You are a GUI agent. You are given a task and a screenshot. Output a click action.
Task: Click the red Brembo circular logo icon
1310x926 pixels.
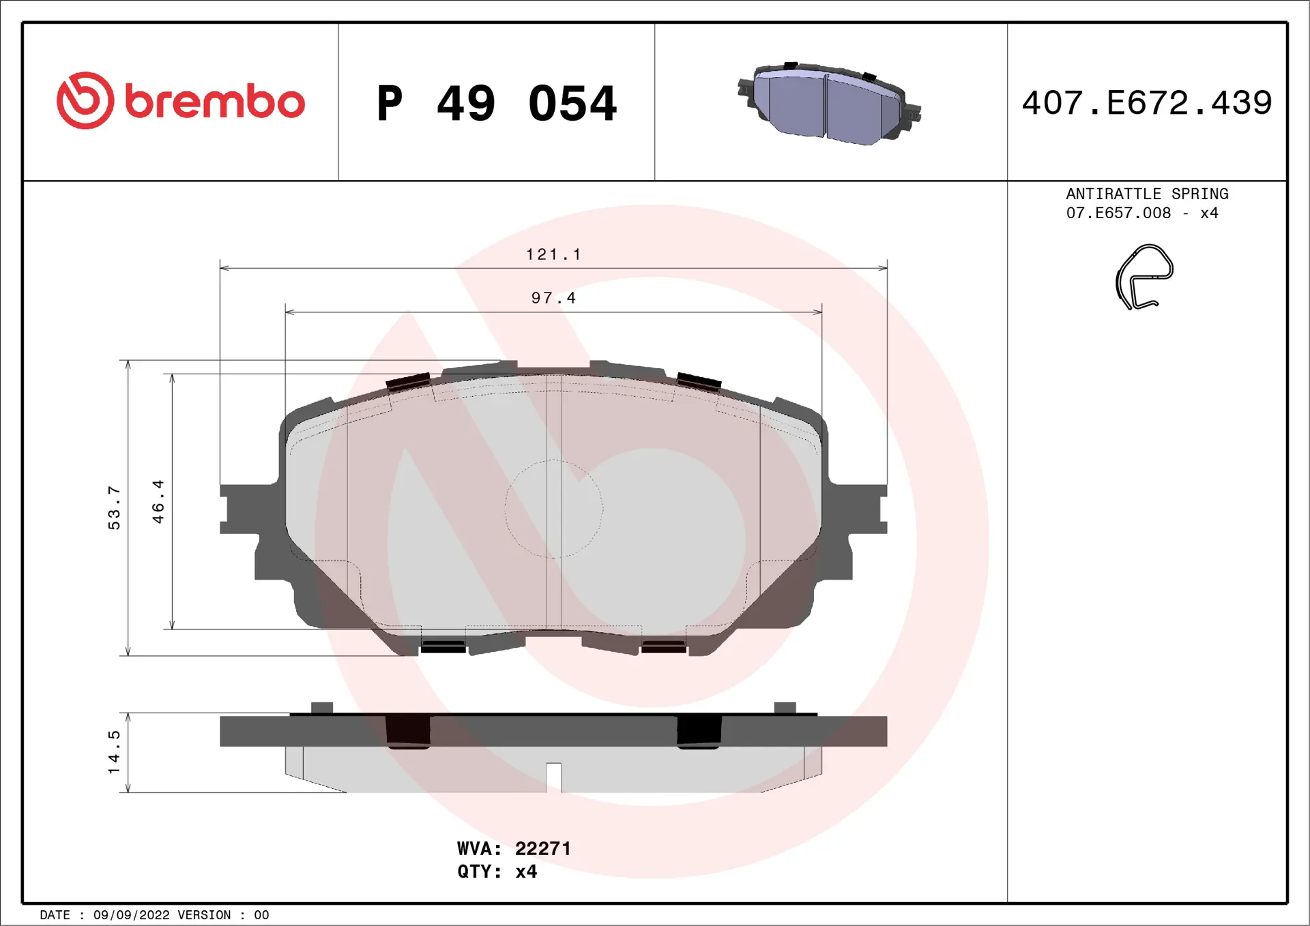pos(85,101)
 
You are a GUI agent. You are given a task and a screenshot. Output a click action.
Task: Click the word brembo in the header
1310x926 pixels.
pos(214,102)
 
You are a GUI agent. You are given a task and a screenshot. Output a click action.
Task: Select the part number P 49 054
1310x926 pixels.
pos(496,104)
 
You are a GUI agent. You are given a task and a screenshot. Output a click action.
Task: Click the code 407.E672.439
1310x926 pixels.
pos(1146,103)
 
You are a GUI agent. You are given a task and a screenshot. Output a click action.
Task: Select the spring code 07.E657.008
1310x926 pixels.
pos(1118,213)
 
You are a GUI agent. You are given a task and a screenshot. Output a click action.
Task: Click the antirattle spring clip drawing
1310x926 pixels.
pos(1144,277)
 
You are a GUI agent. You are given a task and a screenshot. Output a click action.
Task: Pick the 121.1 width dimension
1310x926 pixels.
pos(553,254)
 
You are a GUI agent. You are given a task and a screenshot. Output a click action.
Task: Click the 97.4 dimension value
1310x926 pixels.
pos(553,298)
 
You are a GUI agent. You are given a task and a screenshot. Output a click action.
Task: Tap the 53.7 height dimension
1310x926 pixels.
pos(114,507)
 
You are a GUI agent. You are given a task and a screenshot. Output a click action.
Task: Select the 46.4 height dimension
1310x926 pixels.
pos(158,501)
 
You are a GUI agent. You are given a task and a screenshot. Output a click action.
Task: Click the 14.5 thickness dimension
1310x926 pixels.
pos(114,751)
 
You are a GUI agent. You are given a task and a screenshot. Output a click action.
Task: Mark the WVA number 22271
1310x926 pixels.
pos(542,848)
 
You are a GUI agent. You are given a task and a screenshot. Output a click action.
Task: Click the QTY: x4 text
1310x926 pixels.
pos(497,871)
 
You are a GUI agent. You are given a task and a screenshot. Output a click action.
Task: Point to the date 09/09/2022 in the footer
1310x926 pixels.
pos(131,915)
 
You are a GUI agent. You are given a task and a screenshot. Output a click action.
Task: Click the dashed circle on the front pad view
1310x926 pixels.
pos(553,509)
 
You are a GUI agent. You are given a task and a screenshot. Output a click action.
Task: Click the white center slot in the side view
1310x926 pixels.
pos(553,777)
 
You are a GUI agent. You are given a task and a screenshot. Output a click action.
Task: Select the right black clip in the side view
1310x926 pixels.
pos(699,732)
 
